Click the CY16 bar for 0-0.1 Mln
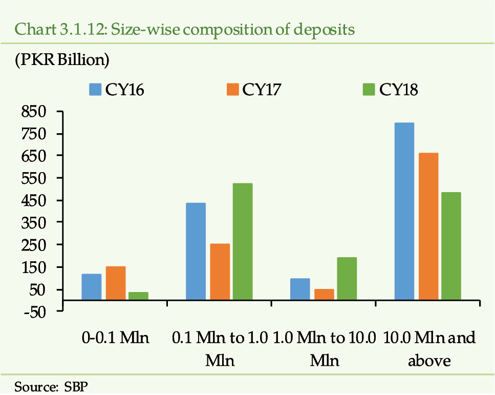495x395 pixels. click(x=92, y=287)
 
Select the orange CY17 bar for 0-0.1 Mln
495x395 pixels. click(x=116, y=283)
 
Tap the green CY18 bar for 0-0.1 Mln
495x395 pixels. click(x=139, y=296)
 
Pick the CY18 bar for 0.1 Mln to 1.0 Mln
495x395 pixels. click(x=243, y=241)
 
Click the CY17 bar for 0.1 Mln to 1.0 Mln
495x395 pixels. click(x=220, y=272)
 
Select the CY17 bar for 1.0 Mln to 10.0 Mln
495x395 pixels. click(x=324, y=295)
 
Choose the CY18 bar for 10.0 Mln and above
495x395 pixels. click(x=451, y=246)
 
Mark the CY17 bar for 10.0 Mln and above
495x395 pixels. click(x=428, y=226)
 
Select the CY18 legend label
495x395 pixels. click(x=398, y=90)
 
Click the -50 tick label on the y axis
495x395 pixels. click(x=34, y=313)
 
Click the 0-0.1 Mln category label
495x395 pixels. click(x=115, y=338)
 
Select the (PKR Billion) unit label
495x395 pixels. click(x=62, y=60)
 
